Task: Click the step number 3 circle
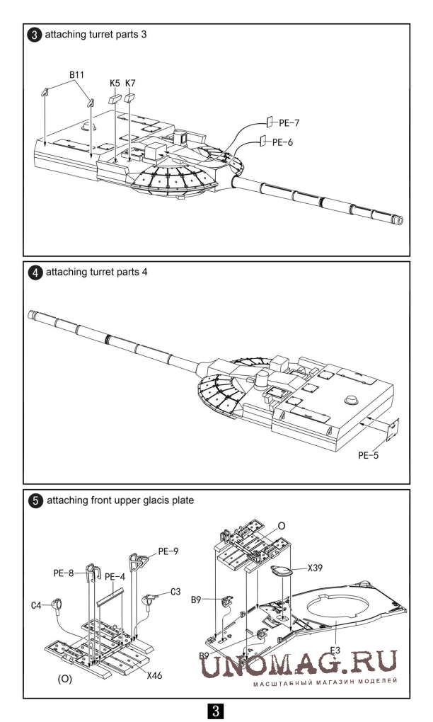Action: coord(35,35)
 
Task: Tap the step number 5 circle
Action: coord(35,501)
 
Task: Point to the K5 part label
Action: coord(115,84)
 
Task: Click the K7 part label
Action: coord(130,84)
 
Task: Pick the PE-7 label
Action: coord(287,122)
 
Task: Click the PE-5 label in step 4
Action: coord(367,456)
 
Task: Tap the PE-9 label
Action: coord(168,549)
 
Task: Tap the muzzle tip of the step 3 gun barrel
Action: coord(400,222)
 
